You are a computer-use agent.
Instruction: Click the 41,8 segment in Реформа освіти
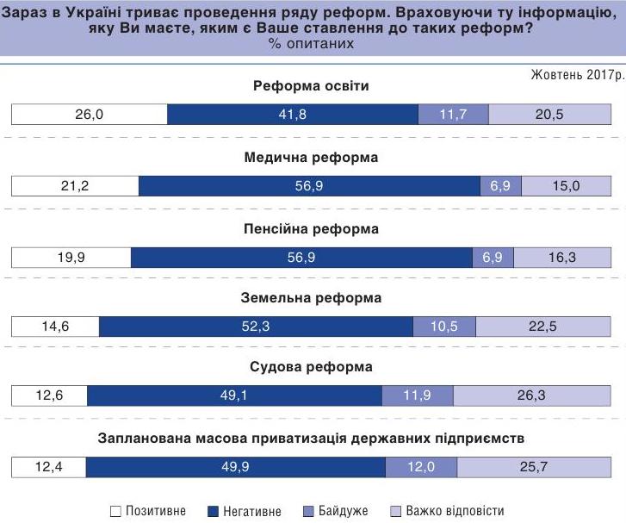click(x=293, y=115)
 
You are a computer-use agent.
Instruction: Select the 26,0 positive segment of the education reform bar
click(x=89, y=115)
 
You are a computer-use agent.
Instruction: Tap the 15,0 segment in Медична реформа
click(x=566, y=186)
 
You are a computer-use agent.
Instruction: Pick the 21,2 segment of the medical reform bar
click(x=75, y=186)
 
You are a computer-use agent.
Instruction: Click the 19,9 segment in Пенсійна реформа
click(x=71, y=257)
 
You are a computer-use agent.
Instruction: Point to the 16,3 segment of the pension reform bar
click(x=561, y=257)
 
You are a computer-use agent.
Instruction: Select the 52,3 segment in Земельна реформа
click(x=256, y=327)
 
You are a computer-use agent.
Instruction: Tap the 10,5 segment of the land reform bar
click(x=444, y=327)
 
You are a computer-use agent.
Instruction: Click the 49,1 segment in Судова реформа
click(x=235, y=395)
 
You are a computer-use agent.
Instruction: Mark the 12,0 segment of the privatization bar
click(x=421, y=467)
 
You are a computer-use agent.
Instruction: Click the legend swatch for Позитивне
click(x=116, y=511)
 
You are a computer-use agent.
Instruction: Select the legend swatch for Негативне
click(x=214, y=511)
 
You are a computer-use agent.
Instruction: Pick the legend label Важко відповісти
click(x=455, y=511)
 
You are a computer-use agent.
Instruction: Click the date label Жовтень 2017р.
click(x=576, y=75)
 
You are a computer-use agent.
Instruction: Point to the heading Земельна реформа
click(x=312, y=298)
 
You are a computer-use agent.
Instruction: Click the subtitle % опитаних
click(x=311, y=43)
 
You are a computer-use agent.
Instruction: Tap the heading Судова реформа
click(x=312, y=367)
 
